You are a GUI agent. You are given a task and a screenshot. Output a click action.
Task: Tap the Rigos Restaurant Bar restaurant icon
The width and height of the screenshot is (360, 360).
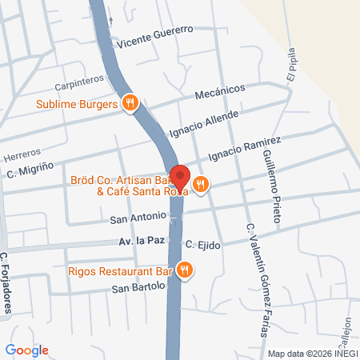pos(185,270)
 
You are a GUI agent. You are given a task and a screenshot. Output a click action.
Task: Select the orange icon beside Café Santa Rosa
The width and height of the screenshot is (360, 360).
pos(200,184)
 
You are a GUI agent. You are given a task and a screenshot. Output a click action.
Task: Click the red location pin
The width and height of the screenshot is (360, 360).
pos(181,178)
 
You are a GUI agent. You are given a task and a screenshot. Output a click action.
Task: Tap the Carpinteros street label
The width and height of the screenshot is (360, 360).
pos(81,83)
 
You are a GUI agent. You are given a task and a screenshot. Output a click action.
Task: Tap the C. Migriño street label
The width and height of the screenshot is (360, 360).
pos(33,170)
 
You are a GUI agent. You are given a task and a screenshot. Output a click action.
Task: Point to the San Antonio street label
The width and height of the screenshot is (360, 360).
pos(138,216)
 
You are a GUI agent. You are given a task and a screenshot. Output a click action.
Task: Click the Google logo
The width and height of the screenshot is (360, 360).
pos(26,350)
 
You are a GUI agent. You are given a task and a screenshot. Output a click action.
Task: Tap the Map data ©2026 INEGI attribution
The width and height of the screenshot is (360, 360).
pos(311,353)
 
